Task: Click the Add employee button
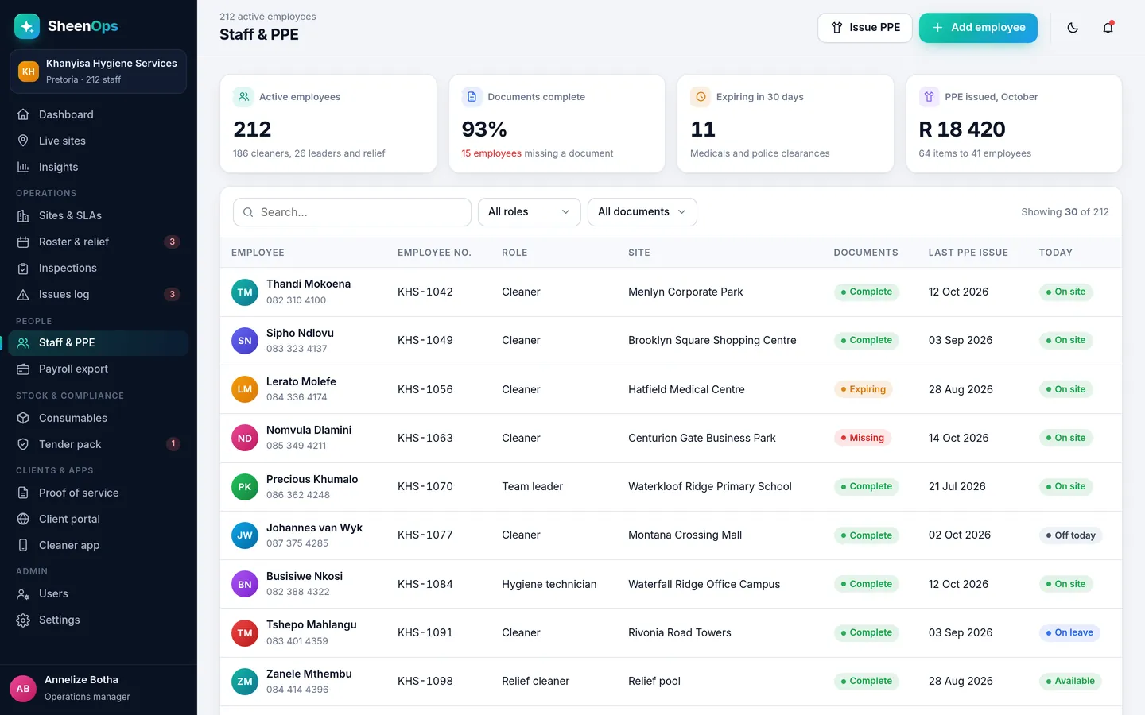[x=978, y=28]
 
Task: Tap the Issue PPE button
[x=865, y=28]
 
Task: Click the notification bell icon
[x=1108, y=28]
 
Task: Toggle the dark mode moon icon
[x=1073, y=28]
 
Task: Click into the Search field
[x=351, y=212]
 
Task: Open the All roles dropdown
[x=529, y=212]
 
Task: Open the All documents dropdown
[x=642, y=212]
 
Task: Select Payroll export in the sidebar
[x=73, y=369]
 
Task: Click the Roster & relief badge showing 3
[x=173, y=242]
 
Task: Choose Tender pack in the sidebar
[x=70, y=444]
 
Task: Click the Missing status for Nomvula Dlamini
[x=862, y=438]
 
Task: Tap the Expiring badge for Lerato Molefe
[x=864, y=389]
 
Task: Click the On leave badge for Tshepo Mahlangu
[x=1069, y=632]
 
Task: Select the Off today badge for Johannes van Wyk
[x=1070, y=535]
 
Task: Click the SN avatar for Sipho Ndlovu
[x=245, y=341]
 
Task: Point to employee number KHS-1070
[x=425, y=486]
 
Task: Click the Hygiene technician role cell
[x=549, y=584]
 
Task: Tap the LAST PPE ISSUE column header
[x=968, y=253]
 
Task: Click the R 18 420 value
[x=962, y=129]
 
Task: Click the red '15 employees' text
[x=491, y=153]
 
